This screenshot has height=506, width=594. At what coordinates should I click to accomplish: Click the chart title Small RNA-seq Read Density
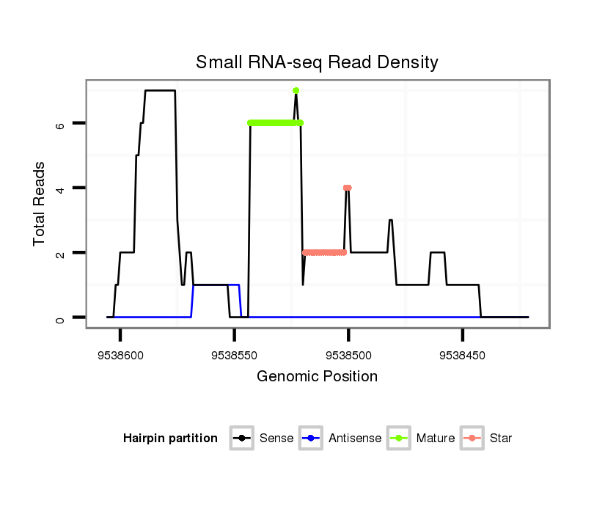point(317,62)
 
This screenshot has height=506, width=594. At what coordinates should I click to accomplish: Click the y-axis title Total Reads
point(40,204)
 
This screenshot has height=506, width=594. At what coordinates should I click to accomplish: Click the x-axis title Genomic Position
point(317,377)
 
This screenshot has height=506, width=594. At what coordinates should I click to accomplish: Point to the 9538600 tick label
point(120,355)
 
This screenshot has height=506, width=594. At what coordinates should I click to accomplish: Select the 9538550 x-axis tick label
point(234,355)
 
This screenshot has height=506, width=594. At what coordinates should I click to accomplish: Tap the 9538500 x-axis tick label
point(348,355)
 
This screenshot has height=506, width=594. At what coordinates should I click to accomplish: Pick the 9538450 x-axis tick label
point(462,355)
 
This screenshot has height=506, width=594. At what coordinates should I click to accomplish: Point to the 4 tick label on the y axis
point(61,188)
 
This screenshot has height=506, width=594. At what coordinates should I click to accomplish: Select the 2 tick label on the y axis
point(61,253)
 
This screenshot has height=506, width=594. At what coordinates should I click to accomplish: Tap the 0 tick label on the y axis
point(61,318)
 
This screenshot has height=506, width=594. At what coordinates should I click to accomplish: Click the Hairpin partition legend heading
point(170,439)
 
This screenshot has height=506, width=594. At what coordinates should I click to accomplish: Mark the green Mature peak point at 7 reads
point(296,91)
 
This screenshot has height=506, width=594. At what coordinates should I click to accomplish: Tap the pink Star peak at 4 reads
point(348,188)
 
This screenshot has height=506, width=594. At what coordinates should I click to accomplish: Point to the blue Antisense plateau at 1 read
point(216,285)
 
